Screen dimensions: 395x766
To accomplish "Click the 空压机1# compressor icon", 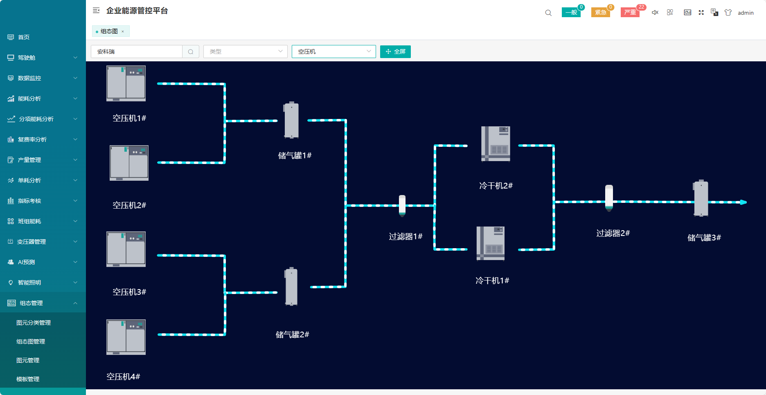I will click(x=126, y=83).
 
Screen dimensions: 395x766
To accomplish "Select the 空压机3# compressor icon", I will click(x=126, y=249).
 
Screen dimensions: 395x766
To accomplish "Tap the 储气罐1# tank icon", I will click(x=291, y=120).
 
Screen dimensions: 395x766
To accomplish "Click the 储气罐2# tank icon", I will click(x=291, y=287).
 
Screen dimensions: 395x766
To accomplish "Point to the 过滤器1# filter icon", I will click(x=402, y=205).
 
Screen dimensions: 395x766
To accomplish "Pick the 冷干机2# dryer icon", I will click(x=496, y=144).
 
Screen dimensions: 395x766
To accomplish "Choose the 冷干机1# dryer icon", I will click(x=491, y=243).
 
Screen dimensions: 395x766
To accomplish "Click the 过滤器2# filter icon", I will click(x=609, y=198).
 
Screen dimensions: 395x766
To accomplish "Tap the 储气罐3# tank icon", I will click(x=701, y=198).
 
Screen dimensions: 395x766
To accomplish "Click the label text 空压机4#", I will click(x=123, y=377).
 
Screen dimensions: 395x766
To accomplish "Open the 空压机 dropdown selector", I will click(x=333, y=52).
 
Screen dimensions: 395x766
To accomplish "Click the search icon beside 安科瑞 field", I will click(x=191, y=52).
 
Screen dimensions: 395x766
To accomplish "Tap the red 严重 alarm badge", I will click(x=630, y=12).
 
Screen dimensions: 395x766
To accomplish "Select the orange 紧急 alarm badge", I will click(x=601, y=12).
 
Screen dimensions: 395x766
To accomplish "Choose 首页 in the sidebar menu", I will click(x=24, y=37).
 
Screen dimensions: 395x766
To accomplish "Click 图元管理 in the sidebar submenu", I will click(x=28, y=360).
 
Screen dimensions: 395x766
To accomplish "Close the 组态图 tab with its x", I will click(x=123, y=31).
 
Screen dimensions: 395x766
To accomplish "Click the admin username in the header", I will click(x=746, y=13).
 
